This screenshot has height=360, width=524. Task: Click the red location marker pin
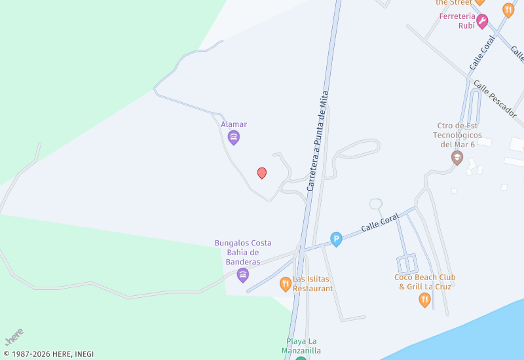point(262,173)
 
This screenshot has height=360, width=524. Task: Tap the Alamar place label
point(234,124)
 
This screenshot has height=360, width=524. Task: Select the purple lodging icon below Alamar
point(234,137)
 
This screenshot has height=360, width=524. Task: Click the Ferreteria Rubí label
point(457,17)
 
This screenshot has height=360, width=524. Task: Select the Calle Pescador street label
point(495,98)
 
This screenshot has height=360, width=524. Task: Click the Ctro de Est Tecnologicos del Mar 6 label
point(457,135)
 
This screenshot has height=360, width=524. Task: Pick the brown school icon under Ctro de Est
point(457,158)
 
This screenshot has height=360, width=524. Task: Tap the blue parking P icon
point(336,240)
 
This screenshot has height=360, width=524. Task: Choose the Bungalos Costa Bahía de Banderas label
point(243,253)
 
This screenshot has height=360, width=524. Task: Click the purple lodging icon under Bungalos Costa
point(243,275)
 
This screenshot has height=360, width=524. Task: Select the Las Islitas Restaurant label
point(312,283)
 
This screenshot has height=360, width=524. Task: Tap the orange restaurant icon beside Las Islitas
point(285,284)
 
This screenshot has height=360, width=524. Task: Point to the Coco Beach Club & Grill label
point(425,281)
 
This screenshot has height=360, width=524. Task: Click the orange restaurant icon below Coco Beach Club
point(425,300)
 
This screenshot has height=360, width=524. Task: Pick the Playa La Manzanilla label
point(303,346)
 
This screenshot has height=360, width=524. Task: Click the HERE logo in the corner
point(14,336)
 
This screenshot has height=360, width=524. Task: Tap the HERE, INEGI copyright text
point(48,354)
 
